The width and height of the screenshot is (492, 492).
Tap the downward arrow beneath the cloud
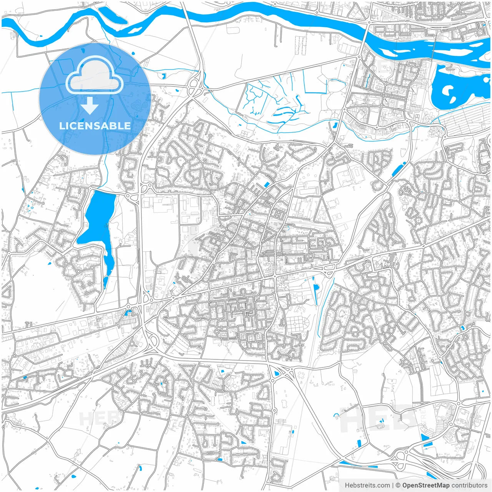[x=90, y=106]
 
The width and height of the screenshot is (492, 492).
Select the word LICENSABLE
[x=95, y=126]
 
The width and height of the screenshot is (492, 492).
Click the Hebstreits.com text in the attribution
[x=367, y=485]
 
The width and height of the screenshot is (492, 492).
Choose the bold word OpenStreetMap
[x=426, y=485]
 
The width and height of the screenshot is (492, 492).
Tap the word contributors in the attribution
[x=469, y=485]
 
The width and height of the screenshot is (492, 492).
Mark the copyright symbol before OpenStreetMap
[x=398, y=485]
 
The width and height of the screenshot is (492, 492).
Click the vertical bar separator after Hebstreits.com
[x=393, y=485]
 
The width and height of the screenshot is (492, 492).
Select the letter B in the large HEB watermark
[x=404, y=419]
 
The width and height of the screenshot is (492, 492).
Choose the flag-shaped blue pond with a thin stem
[x=316, y=290]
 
